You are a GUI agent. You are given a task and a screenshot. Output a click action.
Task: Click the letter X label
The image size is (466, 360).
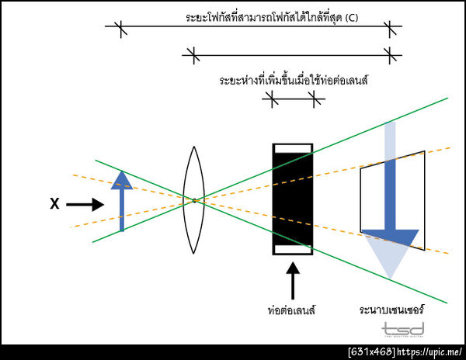click(x=54, y=204)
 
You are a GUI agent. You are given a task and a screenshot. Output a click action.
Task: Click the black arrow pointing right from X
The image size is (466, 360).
click(x=85, y=205)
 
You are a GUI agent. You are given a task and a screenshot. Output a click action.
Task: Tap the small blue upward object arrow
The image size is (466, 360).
click(x=122, y=200)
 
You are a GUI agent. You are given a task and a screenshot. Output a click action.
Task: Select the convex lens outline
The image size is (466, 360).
click(x=193, y=199)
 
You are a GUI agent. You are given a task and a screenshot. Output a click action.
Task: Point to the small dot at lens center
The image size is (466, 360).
click(x=194, y=201)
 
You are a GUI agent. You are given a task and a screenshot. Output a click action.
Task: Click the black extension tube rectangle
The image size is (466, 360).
click(x=293, y=199)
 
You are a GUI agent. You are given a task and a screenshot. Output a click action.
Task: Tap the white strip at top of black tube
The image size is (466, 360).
click(x=293, y=149)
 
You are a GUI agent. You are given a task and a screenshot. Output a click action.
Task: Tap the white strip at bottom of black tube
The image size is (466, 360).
click(x=293, y=250)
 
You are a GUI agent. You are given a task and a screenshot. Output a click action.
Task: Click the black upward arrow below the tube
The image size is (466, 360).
click(x=293, y=280)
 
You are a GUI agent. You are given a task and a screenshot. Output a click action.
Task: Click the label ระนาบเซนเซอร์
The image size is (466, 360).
click(x=391, y=310)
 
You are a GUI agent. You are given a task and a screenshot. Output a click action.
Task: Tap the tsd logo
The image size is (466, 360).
click(x=403, y=330)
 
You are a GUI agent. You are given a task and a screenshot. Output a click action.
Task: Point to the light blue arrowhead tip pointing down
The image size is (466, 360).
click(x=391, y=279)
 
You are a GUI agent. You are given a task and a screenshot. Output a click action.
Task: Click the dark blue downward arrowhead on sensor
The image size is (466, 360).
click(x=390, y=237)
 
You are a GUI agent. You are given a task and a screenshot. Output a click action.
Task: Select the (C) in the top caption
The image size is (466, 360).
click(x=352, y=18)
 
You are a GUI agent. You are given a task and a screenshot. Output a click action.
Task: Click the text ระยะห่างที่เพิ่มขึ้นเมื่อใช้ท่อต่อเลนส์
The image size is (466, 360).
click(x=294, y=81)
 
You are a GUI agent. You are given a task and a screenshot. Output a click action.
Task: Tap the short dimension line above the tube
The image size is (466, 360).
click(x=294, y=99)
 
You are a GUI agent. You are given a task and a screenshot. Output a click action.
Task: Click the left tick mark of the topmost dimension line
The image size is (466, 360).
click(x=120, y=29)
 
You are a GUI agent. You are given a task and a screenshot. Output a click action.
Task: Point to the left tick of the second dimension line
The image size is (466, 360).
click(x=193, y=56)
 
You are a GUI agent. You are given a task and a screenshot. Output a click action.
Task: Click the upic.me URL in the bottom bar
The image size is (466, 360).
click(x=429, y=352)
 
